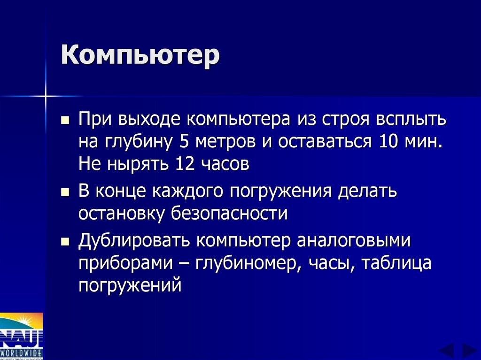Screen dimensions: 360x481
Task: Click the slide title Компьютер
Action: click(140, 56)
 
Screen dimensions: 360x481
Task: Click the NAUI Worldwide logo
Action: click(22, 336)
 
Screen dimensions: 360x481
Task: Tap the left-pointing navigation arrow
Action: click(446, 351)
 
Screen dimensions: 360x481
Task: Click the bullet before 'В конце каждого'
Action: click(65, 193)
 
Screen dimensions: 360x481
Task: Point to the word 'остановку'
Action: click(122, 214)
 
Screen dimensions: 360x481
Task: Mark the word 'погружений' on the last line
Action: click(130, 286)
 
